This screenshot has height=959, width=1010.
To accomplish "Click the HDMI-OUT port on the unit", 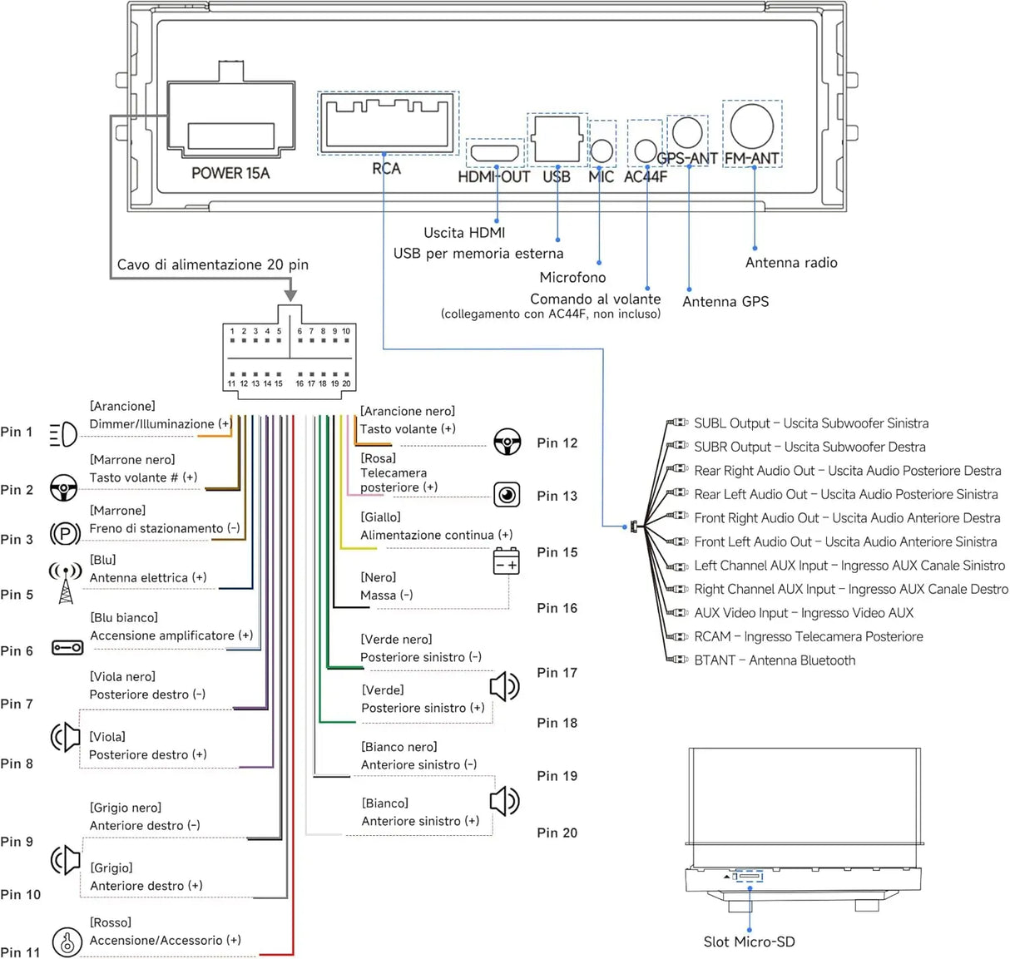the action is pyautogui.click(x=495, y=153).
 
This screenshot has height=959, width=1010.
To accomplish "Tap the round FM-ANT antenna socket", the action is pyautogui.click(x=751, y=126).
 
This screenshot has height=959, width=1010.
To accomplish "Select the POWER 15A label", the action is pyautogui.click(x=230, y=173).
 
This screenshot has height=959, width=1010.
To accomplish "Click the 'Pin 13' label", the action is pyautogui.click(x=557, y=496).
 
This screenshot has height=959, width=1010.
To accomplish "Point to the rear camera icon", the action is pyautogui.click(x=507, y=495).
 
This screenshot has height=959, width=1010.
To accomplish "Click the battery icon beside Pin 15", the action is pyautogui.click(x=506, y=561).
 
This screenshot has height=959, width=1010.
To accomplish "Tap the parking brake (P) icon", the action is pyautogui.click(x=65, y=534).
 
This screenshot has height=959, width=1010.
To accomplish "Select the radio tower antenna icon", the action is pyautogui.click(x=65, y=583).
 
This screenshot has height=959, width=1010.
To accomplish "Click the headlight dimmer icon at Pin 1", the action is pyautogui.click(x=63, y=434).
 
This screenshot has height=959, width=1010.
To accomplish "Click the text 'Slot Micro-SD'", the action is pyautogui.click(x=749, y=942).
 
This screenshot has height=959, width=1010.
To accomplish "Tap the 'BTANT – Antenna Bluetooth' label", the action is pyautogui.click(x=775, y=660).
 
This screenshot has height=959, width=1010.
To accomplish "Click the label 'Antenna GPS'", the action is pyautogui.click(x=725, y=302).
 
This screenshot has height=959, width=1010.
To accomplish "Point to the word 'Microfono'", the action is pyautogui.click(x=572, y=277).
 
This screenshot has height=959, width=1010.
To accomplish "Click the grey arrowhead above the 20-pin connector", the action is pyautogui.click(x=291, y=294).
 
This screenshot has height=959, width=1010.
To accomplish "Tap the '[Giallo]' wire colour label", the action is pyautogui.click(x=380, y=517).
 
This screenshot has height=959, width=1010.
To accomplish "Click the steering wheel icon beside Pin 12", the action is pyautogui.click(x=507, y=442).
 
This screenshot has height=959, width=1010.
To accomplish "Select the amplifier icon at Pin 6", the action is pyautogui.click(x=68, y=648).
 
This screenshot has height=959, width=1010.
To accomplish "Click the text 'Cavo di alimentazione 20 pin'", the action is pyautogui.click(x=213, y=264).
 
